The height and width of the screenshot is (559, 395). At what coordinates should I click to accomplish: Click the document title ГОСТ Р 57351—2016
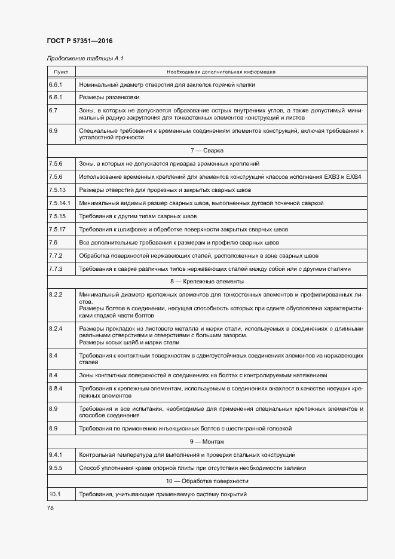(79, 41)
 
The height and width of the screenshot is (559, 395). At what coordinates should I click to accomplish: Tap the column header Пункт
(61, 72)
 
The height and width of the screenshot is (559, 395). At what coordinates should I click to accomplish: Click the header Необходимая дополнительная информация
(221, 72)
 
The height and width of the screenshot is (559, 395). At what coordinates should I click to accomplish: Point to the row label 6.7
(53, 111)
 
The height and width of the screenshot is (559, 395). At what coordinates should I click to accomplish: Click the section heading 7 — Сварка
(207, 150)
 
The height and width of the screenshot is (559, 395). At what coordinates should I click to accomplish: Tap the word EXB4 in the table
(354, 176)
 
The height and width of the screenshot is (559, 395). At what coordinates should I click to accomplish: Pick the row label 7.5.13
(57, 190)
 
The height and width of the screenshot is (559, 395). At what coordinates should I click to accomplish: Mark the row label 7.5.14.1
(59, 203)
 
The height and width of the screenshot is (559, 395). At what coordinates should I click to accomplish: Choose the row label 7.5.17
(57, 229)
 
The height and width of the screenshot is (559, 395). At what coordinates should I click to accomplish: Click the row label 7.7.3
(55, 268)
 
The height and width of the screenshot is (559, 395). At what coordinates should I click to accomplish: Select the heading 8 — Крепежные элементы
(207, 281)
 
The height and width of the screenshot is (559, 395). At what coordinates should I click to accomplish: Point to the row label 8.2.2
(55, 295)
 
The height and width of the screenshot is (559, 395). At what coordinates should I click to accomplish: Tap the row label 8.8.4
(55, 389)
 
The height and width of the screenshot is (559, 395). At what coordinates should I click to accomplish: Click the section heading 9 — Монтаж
(207, 442)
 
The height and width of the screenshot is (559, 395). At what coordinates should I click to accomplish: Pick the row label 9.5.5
(55, 468)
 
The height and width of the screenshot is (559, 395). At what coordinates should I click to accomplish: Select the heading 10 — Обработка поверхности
(207, 481)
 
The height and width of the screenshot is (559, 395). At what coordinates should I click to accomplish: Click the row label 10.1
(54, 494)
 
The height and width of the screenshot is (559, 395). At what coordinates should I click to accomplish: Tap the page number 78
(50, 508)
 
